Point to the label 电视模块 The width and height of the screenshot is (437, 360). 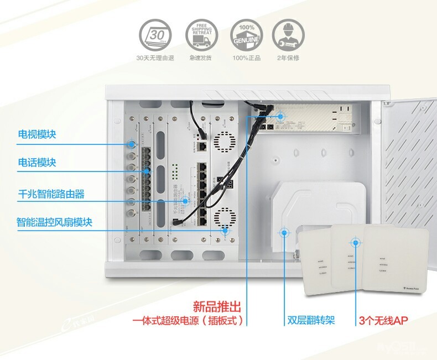click(37, 134)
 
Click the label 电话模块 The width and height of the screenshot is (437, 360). click(37, 163)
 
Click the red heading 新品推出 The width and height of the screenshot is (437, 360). click(217, 306)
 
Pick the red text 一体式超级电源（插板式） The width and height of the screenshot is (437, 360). click(188, 321)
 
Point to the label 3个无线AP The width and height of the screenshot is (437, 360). click(384, 320)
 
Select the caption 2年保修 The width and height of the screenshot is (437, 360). click(288, 58)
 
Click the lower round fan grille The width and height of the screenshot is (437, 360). click(225, 219)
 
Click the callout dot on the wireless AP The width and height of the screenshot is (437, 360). click(355, 242)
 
